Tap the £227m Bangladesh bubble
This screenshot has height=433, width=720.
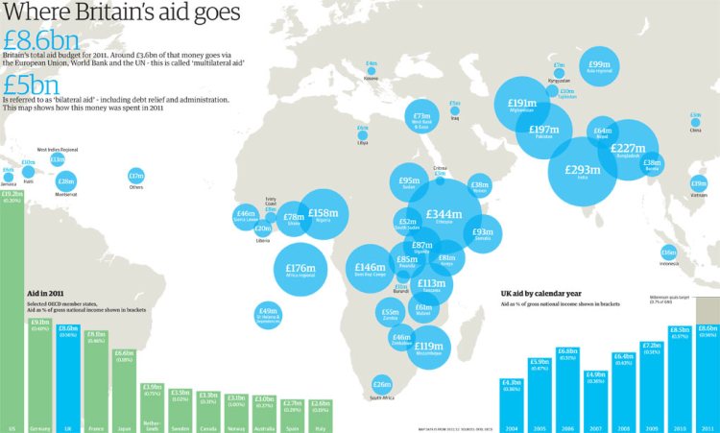[x=628, y=149]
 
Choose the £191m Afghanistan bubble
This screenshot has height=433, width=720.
[x=522, y=104]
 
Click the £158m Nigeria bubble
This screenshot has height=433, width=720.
[x=323, y=214]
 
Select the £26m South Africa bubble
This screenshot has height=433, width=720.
[x=382, y=384]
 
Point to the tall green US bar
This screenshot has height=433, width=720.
[x=12, y=307]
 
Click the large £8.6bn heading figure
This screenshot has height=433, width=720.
[x=39, y=41]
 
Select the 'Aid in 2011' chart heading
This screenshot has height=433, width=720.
[x=45, y=293]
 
